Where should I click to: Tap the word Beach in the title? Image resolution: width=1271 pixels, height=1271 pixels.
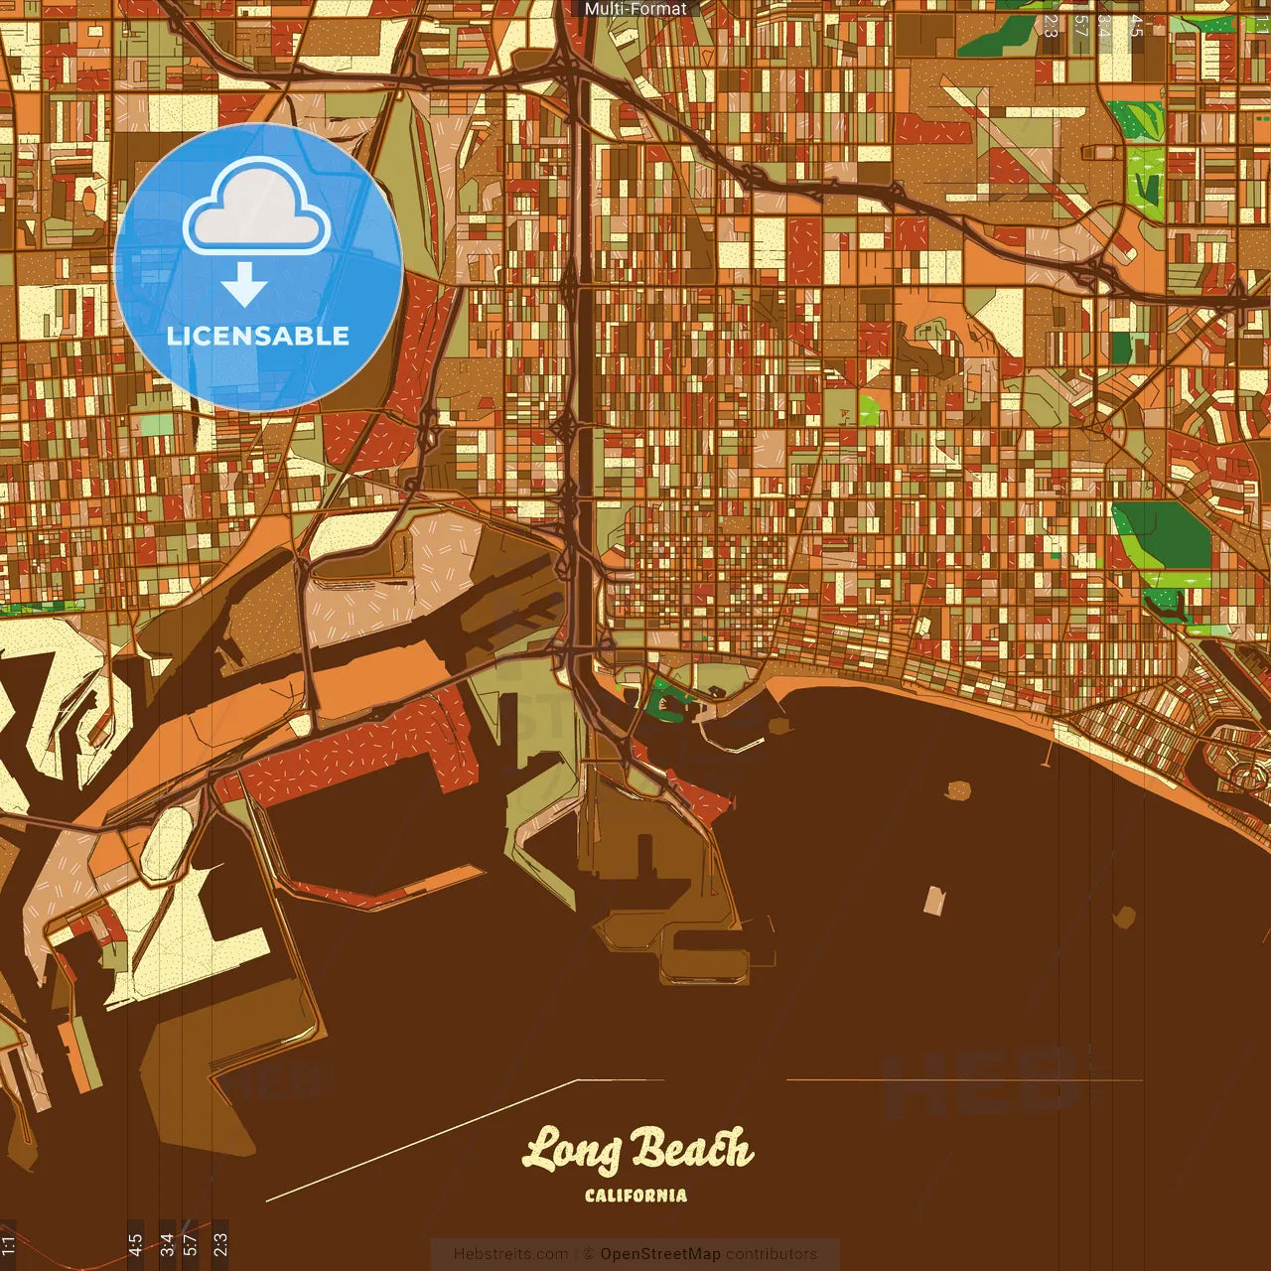693,1150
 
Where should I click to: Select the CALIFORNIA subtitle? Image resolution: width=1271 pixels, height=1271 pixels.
635,1196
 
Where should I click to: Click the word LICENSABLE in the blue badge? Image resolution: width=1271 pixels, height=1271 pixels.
258,336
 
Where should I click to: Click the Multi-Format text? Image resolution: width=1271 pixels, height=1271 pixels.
635,9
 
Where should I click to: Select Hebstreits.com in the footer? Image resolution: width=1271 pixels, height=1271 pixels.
511,1254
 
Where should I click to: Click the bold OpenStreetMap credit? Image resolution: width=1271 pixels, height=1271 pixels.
660,1254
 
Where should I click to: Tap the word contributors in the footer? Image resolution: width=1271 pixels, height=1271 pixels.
771,1254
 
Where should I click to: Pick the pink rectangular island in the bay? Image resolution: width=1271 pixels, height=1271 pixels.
934,900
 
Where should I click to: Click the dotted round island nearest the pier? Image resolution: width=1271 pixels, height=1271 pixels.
957,790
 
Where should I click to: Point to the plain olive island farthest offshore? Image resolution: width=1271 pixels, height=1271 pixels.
1124,917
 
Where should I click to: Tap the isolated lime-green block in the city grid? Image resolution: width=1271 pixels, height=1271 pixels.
869,410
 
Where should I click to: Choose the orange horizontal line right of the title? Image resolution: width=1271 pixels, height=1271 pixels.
963,1080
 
